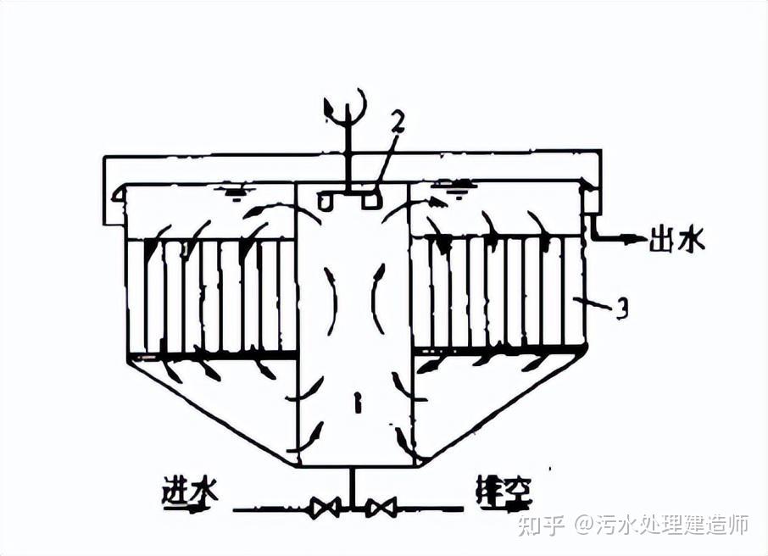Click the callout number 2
(x=397, y=121)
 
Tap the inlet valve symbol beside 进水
(x=325, y=509)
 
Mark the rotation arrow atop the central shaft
(x=348, y=105)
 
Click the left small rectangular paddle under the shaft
(x=326, y=201)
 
